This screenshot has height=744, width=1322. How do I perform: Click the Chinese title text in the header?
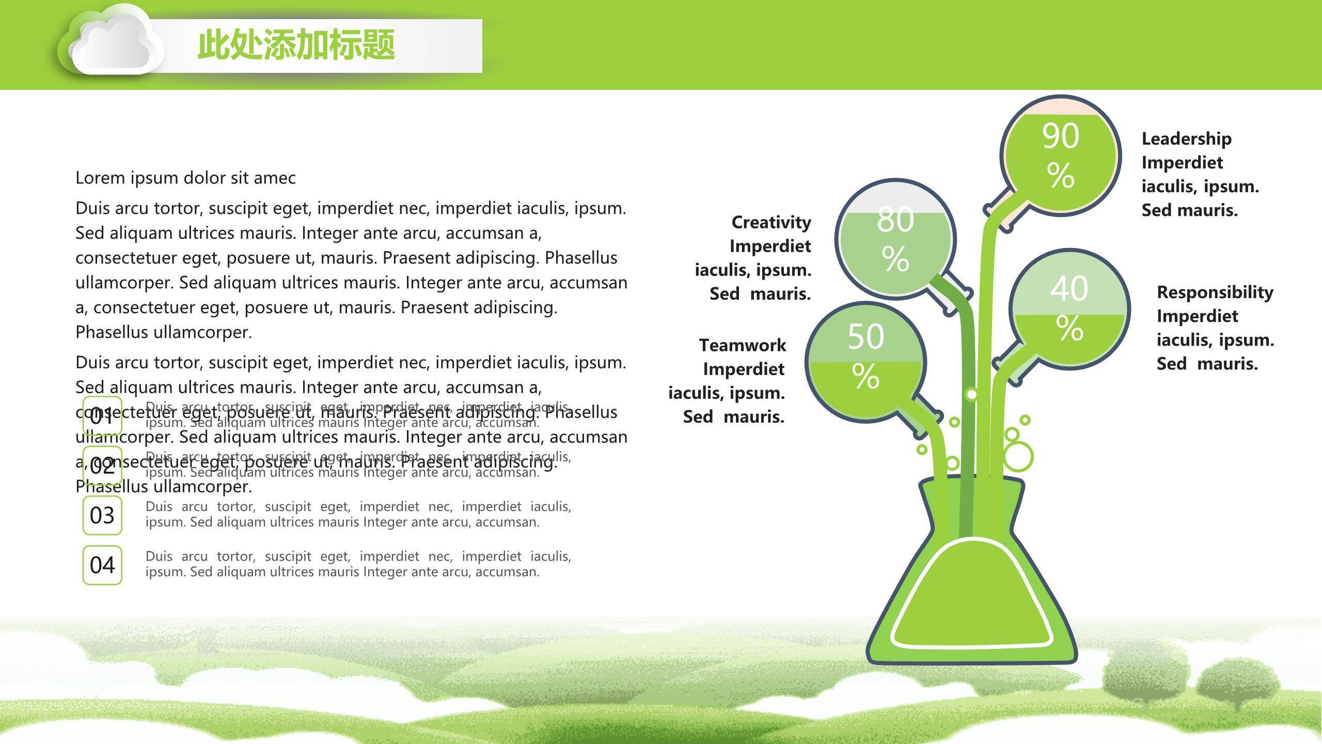click(296, 45)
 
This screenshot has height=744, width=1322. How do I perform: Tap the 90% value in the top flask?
click(1060, 155)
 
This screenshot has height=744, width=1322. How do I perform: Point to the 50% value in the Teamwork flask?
click(865, 355)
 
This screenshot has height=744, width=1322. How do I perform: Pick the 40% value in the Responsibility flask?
click(1069, 307)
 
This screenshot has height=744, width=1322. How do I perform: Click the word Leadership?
click(1186, 139)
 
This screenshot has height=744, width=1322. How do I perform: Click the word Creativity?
click(771, 222)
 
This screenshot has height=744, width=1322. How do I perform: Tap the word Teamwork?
click(742, 345)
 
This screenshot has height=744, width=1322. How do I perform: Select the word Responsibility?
click(1215, 292)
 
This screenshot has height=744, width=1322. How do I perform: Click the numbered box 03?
click(102, 515)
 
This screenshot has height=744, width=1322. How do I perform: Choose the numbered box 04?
click(102, 565)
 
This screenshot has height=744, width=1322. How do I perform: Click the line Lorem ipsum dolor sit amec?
click(185, 178)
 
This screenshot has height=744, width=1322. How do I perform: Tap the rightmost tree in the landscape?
click(1237, 682)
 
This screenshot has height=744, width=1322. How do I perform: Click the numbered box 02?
click(102, 466)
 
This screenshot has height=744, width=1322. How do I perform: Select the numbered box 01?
click(102, 416)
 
